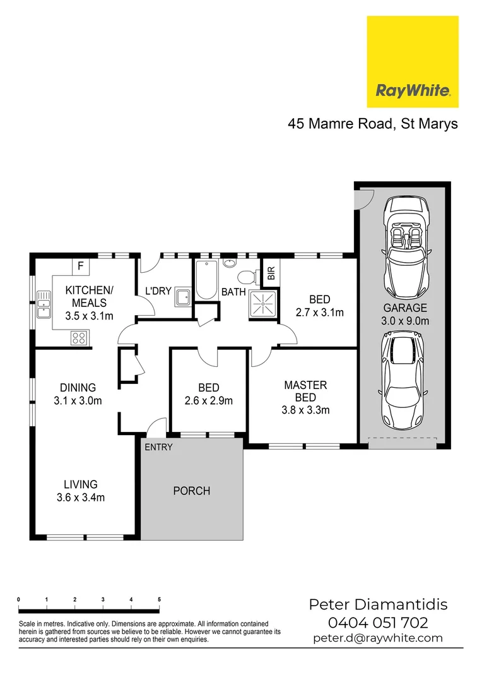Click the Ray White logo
(x=413, y=62)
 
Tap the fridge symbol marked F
(x=80, y=266)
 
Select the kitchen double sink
(x=44, y=304)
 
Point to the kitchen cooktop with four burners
(x=79, y=338)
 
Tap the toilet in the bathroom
(x=247, y=276)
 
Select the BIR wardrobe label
(x=271, y=273)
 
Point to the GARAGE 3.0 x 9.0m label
(x=406, y=314)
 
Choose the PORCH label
(x=192, y=491)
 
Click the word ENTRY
(x=158, y=447)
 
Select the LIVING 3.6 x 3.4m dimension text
(x=81, y=497)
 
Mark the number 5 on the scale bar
(x=159, y=599)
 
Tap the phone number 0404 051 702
(x=378, y=623)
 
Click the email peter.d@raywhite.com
(x=378, y=638)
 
